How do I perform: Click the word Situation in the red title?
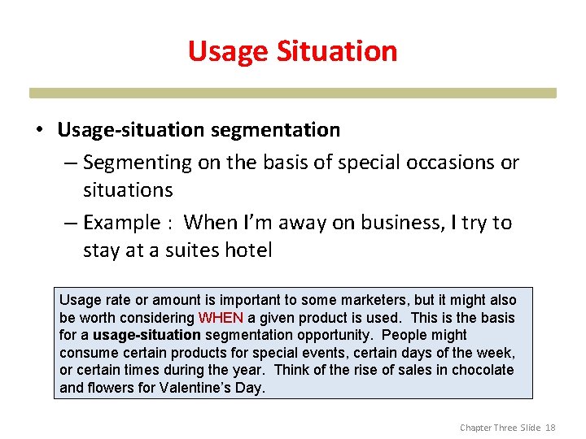[x=337, y=51]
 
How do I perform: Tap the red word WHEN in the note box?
[x=221, y=318]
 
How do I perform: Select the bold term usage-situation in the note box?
[x=146, y=335]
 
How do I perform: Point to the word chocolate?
[x=481, y=370]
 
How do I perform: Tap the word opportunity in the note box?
[x=340, y=335]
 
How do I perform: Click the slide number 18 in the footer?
[x=550, y=428]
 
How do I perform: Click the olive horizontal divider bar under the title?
[x=293, y=93]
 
